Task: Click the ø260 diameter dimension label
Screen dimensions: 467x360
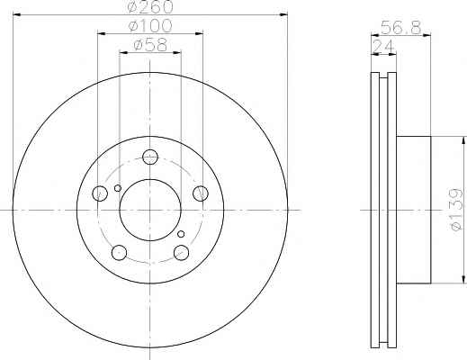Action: [x=150, y=7]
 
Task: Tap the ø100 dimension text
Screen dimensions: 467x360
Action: [x=150, y=25]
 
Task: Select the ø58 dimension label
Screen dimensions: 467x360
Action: [x=150, y=45]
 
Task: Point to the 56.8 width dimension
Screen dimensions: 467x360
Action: [x=401, y=28]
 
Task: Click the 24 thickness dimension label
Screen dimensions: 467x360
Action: [x=382, y=47]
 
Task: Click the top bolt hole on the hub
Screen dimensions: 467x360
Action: [x=150, y=157]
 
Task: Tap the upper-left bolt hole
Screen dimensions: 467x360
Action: [x=100, y=193]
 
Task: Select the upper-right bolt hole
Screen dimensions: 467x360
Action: [x=201, y=193]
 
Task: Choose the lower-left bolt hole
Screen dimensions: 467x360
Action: [x=119, y=252]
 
